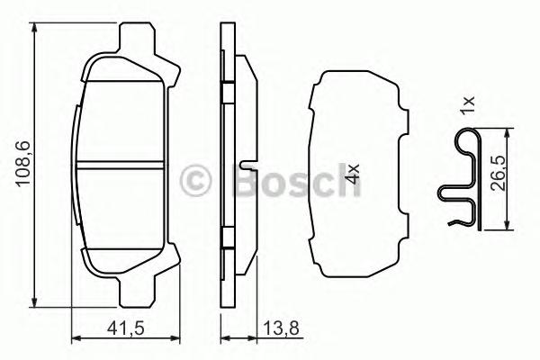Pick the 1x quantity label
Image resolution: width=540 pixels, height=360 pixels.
[466, 106]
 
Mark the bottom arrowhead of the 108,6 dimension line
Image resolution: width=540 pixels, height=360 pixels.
[37, 303]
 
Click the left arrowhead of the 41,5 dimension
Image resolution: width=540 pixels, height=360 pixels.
[75, 338]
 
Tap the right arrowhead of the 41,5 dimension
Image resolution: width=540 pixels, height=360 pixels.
[169, 338]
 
